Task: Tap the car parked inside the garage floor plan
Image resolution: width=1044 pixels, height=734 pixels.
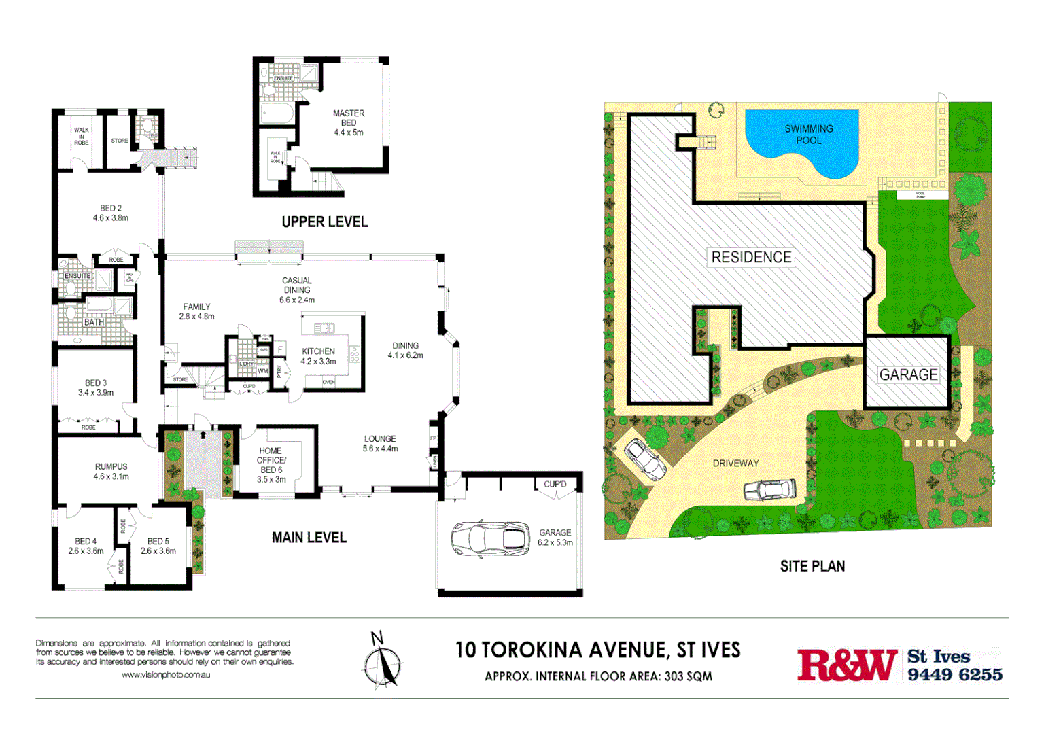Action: tap(490, 539)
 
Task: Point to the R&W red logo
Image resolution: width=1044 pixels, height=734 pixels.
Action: tap(847, 665)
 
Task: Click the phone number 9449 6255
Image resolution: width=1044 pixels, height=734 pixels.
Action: tap(955, 674)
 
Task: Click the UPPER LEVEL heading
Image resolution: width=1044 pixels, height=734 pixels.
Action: tap(324, 222)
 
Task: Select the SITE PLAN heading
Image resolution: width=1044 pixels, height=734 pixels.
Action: tap(812, 566)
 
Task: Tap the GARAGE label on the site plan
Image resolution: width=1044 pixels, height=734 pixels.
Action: tap(908, 374)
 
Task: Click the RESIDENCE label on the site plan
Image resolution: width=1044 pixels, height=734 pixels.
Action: tap(751, 257)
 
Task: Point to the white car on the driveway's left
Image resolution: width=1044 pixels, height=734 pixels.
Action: tap(644, 459)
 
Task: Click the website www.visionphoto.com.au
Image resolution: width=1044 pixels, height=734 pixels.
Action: tap(165, 675)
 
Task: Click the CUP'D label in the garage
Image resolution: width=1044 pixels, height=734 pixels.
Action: tap(555, 484)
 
